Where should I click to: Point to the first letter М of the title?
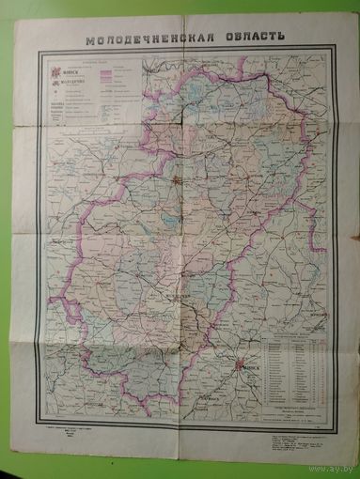(x=89, y=41)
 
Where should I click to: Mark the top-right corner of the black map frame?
(x=337, y=52)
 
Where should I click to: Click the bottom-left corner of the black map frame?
(x=38, y=419)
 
